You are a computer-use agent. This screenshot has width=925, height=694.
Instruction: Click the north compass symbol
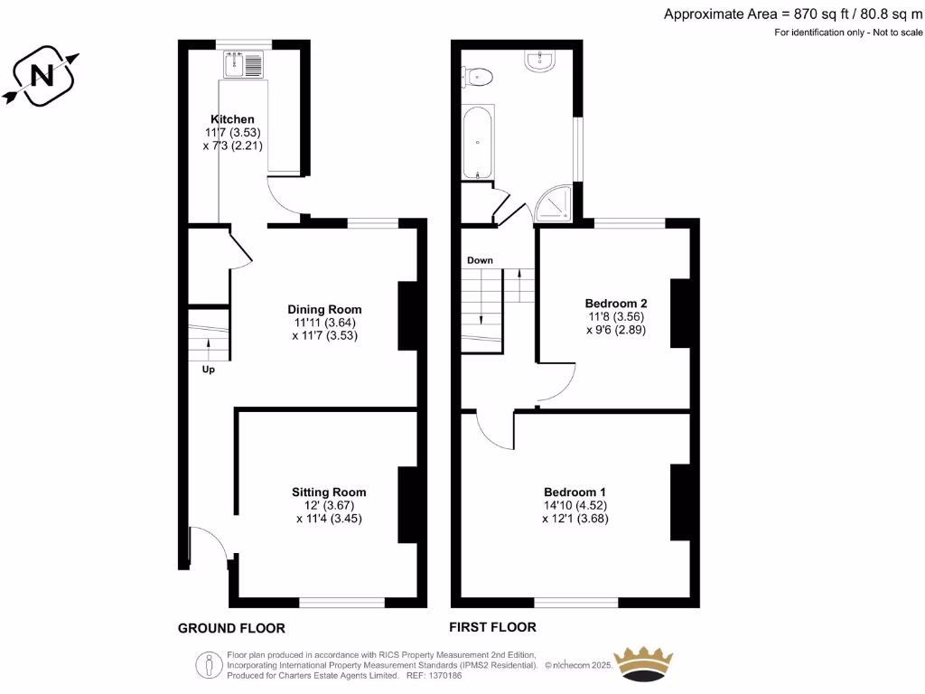[x=42, y=77]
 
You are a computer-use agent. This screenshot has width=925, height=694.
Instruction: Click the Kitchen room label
[x=232, y=119]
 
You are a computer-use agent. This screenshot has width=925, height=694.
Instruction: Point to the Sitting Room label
[x=329, y=492]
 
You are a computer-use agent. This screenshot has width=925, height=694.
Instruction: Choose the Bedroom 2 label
[x=615, y=304]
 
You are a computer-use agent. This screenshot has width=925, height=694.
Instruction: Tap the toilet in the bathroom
[x=478, y=77]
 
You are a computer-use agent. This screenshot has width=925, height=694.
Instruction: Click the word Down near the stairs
[x=480, y=260]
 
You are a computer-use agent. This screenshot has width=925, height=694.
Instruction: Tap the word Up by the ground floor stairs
[x=208, y=369]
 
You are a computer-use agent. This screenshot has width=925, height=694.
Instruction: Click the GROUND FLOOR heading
[x=231, y=628]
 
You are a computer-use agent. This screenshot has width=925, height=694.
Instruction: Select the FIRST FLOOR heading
[x=492, y=627]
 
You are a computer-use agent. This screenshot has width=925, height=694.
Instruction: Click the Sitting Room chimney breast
[x=407, y=504]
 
